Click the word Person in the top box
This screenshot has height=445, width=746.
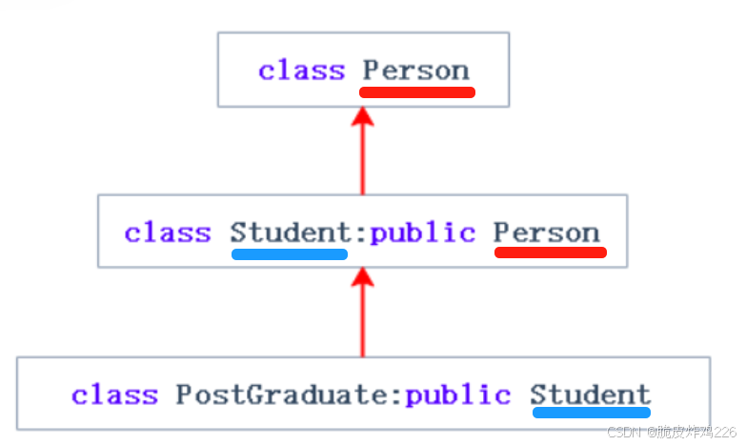(416, 71)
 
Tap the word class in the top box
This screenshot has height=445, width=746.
(302, 71)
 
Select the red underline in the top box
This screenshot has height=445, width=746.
(416, 92)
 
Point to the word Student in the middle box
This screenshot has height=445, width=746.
(289, 233)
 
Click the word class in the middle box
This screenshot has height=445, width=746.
(168, 233)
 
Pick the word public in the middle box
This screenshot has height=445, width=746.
(422, 233)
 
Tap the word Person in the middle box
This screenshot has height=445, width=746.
(547, 233)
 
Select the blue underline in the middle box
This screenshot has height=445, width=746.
(289, 254)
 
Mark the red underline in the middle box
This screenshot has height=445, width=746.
(550, 253)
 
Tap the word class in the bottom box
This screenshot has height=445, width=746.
(114, 394)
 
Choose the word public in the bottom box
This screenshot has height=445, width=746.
(457, 394)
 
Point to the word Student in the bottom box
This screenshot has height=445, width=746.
(591, 394)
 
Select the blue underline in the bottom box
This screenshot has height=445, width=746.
(591, 414)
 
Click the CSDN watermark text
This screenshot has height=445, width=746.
(671, 433)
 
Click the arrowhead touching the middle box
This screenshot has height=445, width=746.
(361, 278)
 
